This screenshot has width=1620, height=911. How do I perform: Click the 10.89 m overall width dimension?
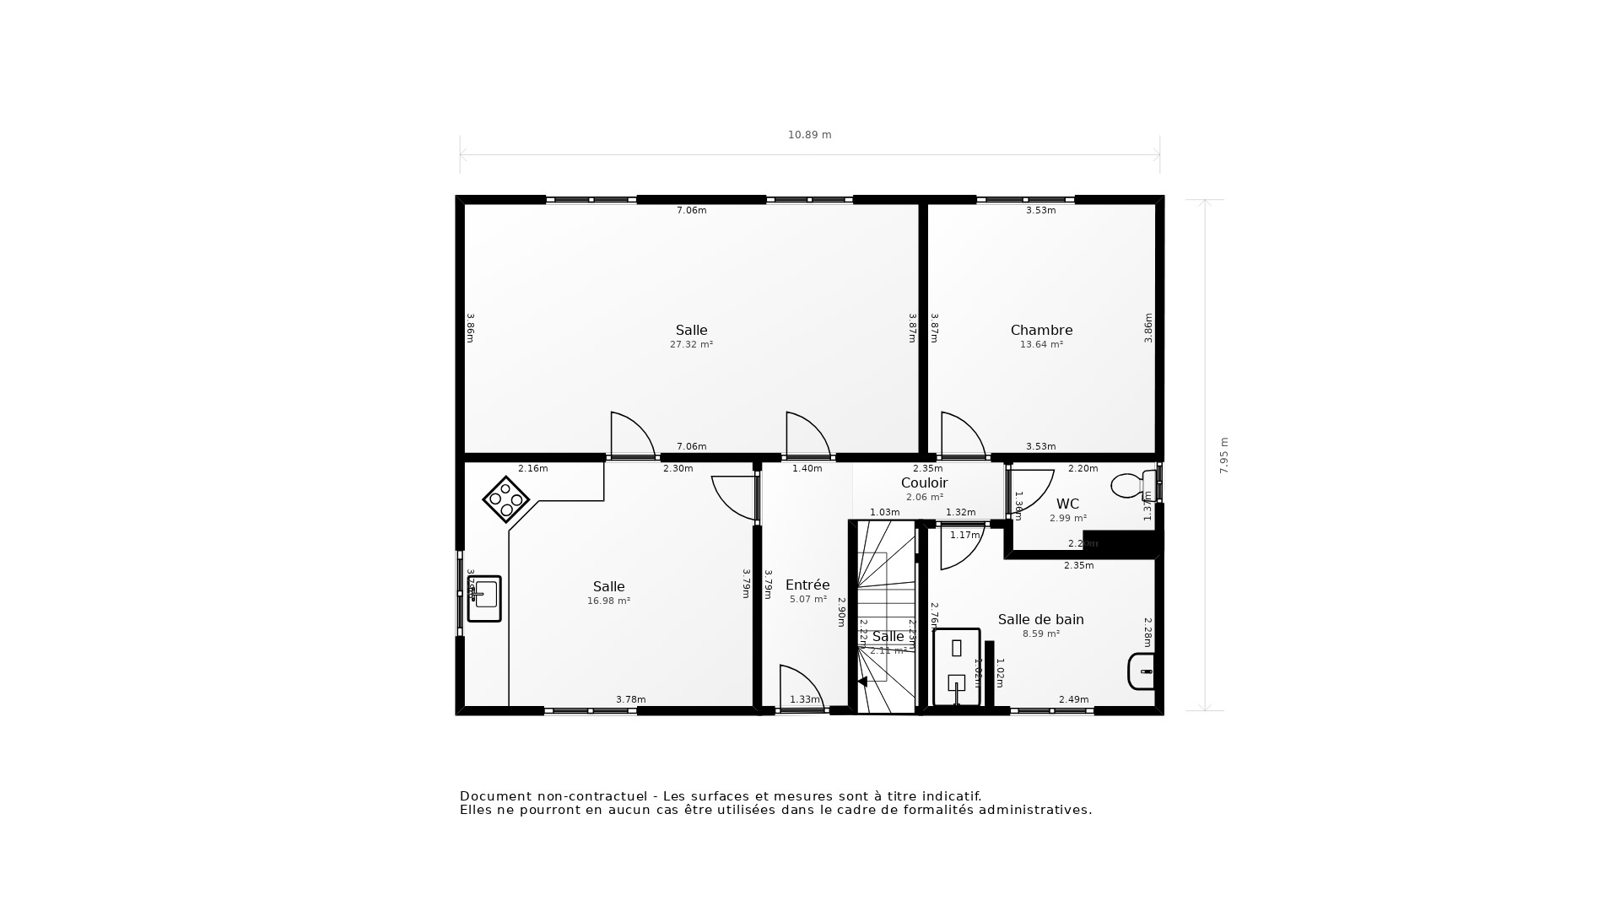809,135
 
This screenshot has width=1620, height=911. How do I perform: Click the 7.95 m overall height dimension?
1223,455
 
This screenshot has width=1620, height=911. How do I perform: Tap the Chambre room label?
1041,331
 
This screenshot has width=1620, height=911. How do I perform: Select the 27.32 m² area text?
691,345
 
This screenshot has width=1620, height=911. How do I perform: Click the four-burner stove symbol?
505,499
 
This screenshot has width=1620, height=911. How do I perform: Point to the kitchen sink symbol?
484,598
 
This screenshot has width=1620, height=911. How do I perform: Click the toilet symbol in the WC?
1131,485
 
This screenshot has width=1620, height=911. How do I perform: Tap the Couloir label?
924,483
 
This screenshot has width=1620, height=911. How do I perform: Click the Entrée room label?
807,585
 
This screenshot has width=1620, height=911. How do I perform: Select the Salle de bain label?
1040,620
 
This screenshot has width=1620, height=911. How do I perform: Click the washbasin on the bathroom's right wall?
1141,671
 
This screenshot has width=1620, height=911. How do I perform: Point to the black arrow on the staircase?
861,682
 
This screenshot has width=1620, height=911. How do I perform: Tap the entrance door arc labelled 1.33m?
802,685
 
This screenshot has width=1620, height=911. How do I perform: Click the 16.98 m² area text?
608,601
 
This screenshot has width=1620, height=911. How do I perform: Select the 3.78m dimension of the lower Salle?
630,699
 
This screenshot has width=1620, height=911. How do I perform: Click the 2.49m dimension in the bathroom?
1073,699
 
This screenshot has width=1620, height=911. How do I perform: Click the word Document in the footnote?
496,796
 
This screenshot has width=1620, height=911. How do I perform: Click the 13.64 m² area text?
1041,345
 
